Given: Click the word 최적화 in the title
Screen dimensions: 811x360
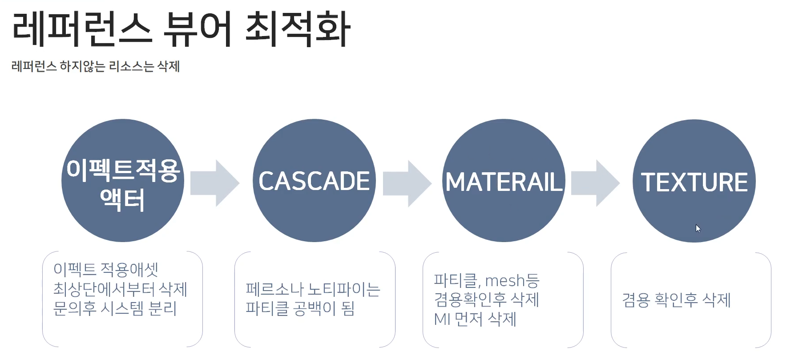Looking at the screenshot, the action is click(298, 30).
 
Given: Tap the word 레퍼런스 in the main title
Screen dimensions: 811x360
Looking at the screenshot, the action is click(82, 30).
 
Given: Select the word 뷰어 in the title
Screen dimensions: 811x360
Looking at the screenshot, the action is click(198, 30).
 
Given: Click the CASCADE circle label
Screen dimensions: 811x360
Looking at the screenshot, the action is click(314, 181).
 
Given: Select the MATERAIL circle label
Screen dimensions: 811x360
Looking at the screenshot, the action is click(504, 182).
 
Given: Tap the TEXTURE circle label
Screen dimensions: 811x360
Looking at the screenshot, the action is click(694, 182).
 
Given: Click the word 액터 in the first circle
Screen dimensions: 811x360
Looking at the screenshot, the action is click(122, 200).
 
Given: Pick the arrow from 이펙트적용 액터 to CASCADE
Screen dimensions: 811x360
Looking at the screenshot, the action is click(215, 183).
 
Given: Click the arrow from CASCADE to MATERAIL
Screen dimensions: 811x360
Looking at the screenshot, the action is click(407, 183).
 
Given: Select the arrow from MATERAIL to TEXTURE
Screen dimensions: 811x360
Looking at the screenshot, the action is click(595, 183).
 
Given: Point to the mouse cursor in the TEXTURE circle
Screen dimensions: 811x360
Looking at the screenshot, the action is click(698, 228).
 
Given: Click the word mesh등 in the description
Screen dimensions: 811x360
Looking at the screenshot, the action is click(512, 280).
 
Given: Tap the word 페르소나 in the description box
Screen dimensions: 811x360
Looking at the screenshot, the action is click(274, 289).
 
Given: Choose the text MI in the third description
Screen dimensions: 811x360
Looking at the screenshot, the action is click(442, 319).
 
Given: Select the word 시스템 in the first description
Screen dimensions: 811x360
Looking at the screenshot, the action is click(122, 308).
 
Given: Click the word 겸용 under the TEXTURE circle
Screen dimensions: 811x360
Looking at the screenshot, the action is click(636, 300).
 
